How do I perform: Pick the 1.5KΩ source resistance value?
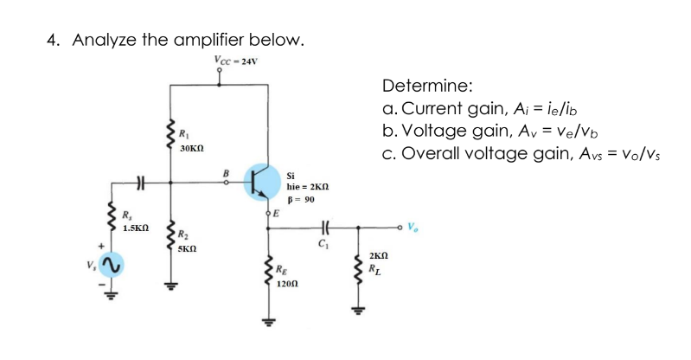click(x=137, y=228)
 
